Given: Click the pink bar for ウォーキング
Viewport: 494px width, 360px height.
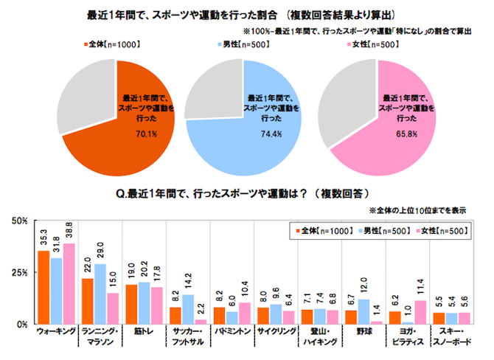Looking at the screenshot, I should (69, 284).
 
